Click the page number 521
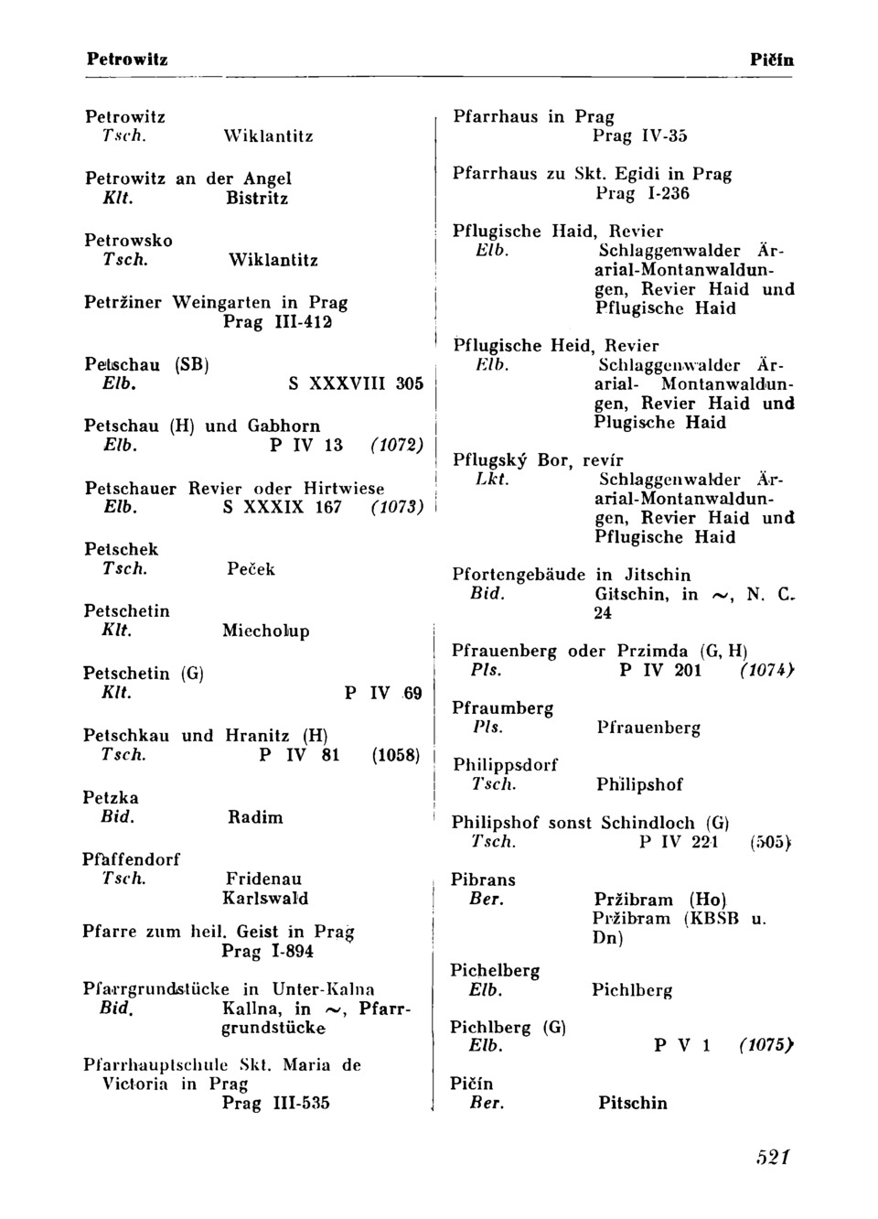(773, 1157)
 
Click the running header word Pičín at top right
(771, 60)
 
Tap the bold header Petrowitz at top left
(127, 59)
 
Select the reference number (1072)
(396, 446)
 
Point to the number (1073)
(396, 507)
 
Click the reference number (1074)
(766, 671)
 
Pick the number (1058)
(395, 756)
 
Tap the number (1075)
(766, 1046)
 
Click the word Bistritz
(257, 199)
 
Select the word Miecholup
(266, 631)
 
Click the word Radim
(255, 817)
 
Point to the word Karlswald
(265, 899)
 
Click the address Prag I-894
(268, 952)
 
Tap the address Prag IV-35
(639, 136)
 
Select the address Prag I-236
(642, 193)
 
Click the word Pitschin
(633, 1104)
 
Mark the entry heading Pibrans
(483, 880)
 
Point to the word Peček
(251, 569)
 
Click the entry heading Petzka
(111, 798)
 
